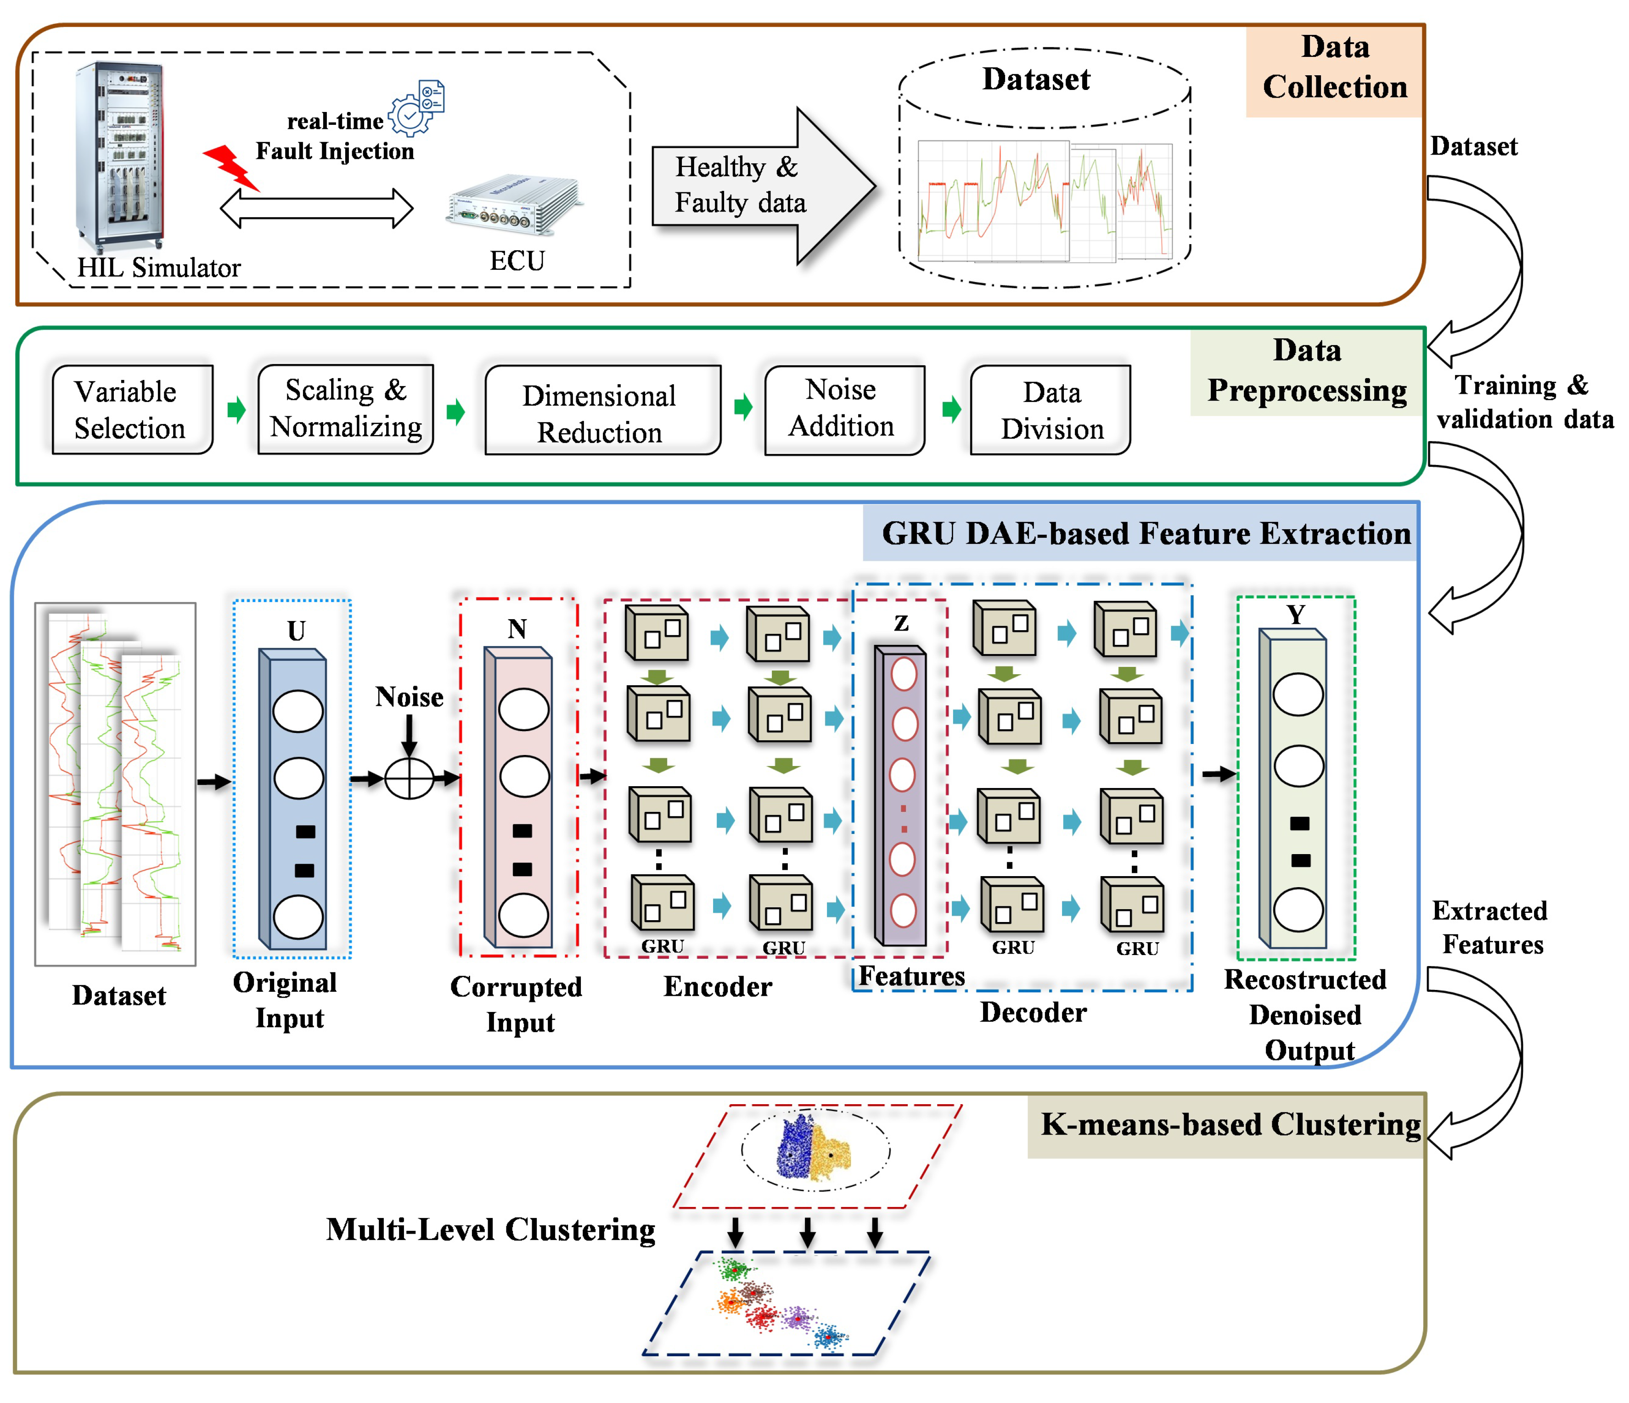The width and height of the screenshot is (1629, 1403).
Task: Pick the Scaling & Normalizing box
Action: point(345,409)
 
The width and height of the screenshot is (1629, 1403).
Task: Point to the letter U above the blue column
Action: point(297,631)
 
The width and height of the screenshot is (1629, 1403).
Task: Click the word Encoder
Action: point(718,986)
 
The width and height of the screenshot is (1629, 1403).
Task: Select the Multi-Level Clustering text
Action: point(491,1230)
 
